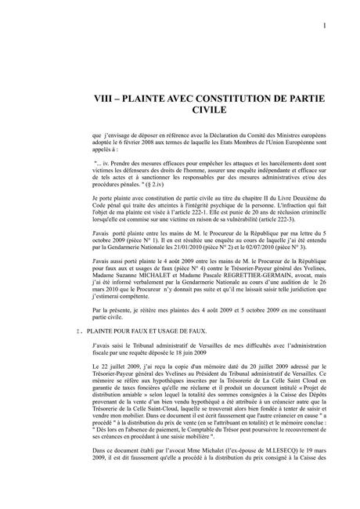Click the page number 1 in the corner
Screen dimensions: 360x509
324,28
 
